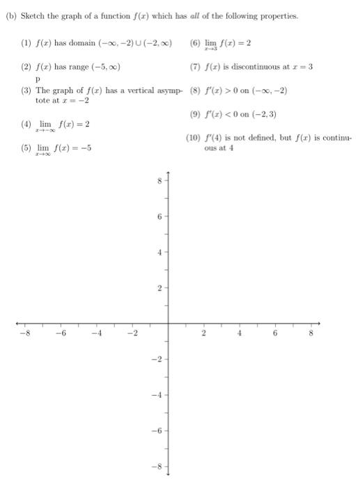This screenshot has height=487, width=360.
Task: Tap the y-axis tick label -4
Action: pyautogui.click(x=158, y=395)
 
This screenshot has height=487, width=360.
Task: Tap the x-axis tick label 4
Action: pyautogui.click(x=240, y=334)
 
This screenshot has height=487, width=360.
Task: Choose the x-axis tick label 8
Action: pyautogui.click(x=311, y=334)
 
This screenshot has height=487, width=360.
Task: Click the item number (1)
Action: pyautogui.click(x=26, y=42)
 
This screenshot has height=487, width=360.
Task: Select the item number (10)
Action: pyautogui.click(x=195, y=138)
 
